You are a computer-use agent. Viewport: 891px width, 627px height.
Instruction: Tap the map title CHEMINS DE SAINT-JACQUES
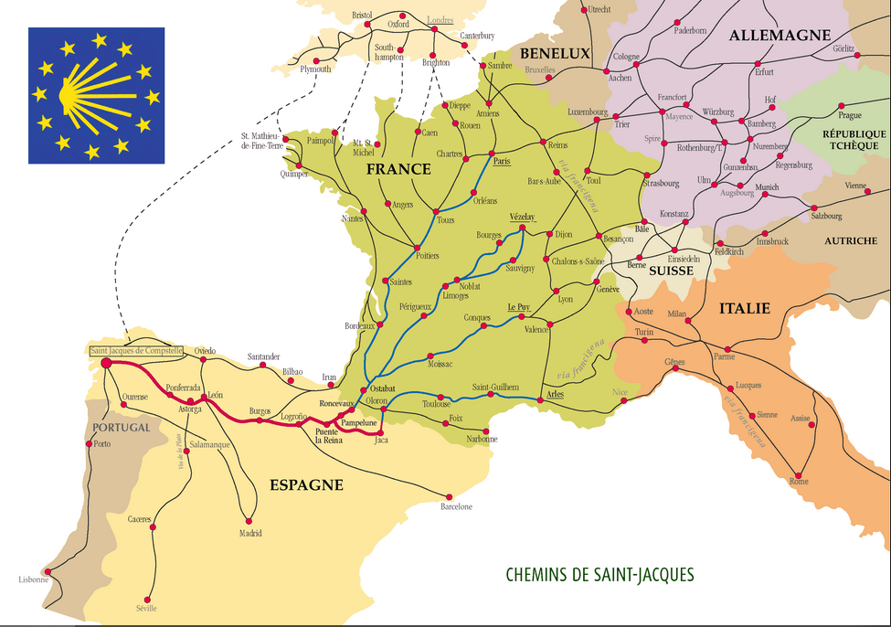pyautogui.click(x=599, y=575)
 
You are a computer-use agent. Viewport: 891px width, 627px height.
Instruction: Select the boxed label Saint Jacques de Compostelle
pyautogui.click(x=136, y=351)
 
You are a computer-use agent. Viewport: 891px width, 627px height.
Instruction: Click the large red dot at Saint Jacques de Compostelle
pyautogui.click(x=106, y=363)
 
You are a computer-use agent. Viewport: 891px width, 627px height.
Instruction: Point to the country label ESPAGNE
pyautogui.click(x=306, y=484)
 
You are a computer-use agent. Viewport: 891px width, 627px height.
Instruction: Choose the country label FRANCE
pyautogui.click(x=398, y=169)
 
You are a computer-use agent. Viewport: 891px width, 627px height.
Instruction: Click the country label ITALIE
pyautogui.click(x=745, y=309)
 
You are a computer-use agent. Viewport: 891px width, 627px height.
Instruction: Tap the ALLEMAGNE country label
pyautogui.click(x=774, y=36)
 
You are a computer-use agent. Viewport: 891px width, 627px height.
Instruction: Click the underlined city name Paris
pyautogui.click(x=500, y=162)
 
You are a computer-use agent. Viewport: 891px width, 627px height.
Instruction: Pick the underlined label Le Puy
pyautogui.click(x=518, y=306)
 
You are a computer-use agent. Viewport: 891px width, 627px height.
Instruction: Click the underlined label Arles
pyautogui.click(x=555, y=394)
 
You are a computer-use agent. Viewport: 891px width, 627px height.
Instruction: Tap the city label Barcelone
pyautogui.click(x=456, y=506)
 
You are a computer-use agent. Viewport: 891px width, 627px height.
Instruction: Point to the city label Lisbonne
pyautogui.click(x=31, y=579)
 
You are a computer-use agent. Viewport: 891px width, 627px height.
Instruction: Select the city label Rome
pyautogui.click(x=799, y=482)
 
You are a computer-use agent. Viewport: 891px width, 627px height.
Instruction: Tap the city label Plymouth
pyautogui.click(x=315, y=69)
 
